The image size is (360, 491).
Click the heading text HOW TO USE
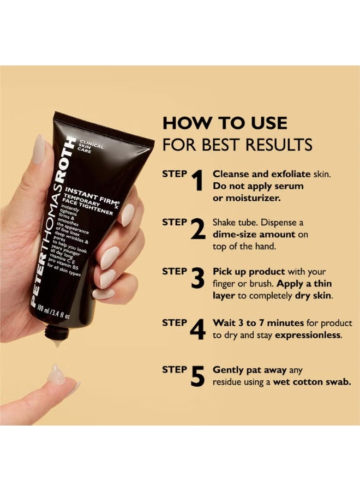[224, 123]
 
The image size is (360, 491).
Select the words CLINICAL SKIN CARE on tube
[87, 145]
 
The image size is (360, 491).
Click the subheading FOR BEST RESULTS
[237, 145]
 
